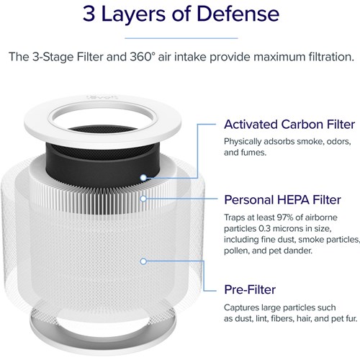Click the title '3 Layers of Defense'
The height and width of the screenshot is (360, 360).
[180, 14]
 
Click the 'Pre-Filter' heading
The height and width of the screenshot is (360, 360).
[250, 289]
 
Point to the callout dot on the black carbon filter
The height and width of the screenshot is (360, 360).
[144, 174]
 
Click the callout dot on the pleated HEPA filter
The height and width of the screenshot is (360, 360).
[144, 197]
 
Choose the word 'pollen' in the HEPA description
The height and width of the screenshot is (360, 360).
[240, 250]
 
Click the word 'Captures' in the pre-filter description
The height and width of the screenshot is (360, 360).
[244, 308]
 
